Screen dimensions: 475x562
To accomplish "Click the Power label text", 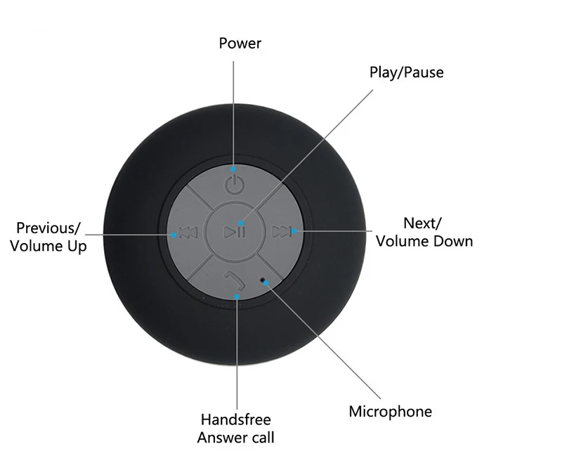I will click(240, 44).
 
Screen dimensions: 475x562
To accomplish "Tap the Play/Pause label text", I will click(407, 72).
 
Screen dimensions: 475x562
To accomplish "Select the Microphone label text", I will click(391, 412).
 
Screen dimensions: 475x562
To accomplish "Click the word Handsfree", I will click(236, 420).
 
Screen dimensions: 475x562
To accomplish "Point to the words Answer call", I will click(236, 438).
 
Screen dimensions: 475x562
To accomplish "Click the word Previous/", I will click(48, 228).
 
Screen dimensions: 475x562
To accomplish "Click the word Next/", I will click(422, 223).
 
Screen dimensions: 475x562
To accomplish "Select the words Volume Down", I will click(424, 241).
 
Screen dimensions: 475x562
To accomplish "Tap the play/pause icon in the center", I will click(235, 231).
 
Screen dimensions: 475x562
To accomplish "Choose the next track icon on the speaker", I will click(281, 231).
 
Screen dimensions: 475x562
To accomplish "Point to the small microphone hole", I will click(265, 280).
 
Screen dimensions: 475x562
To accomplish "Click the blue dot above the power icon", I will click(233, 169).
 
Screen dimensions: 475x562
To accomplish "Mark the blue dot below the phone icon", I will click(237, 297).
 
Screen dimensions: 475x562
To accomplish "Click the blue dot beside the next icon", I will click(294, 230).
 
